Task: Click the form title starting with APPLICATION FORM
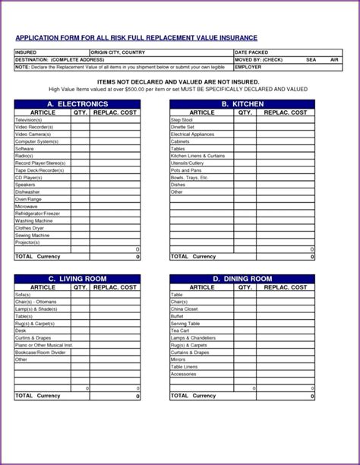(x=136, y=37)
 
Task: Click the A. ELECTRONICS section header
(x=77, y=103)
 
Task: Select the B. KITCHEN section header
(x=242, y=103)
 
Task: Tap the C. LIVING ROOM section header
(x=77, y=279)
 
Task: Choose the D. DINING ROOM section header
(x=242, y=279)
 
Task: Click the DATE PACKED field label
(x=251, y=52)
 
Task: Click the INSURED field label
(x=27, y=52)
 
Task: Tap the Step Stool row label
(x=182, y=120)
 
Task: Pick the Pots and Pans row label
(x=186, y=170)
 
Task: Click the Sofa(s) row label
(x=23, y=295)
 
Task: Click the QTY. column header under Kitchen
(x=245, y=112)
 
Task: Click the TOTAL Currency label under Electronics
(x=37, y=257)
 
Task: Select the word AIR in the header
(x=334, y=59)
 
